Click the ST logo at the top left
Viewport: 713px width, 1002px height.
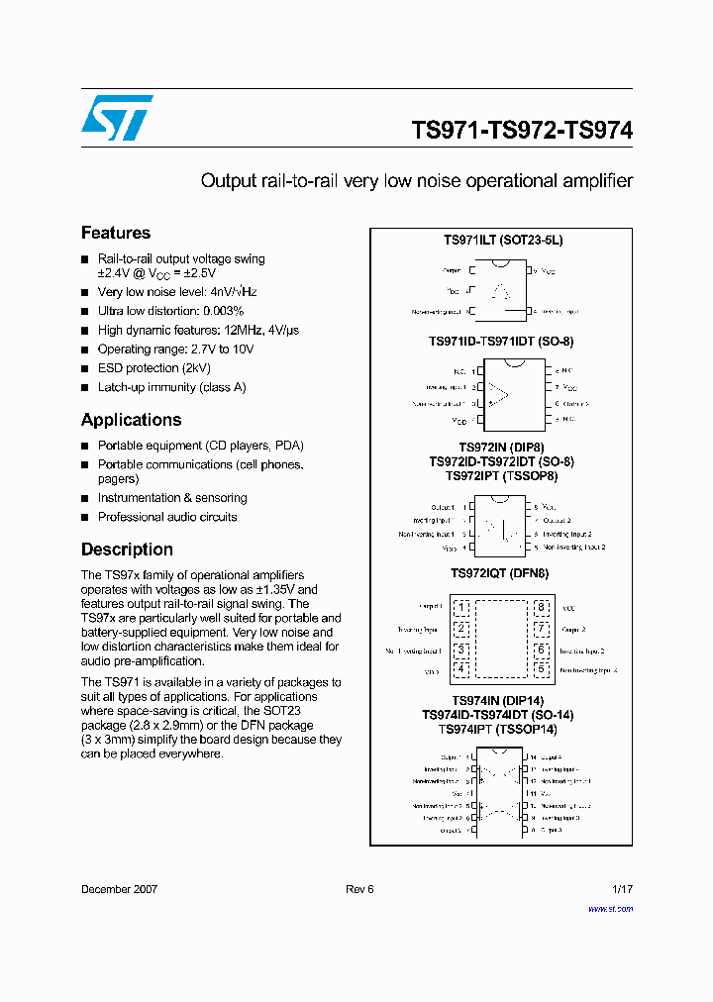117,118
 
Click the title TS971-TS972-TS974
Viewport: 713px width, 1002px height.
522,130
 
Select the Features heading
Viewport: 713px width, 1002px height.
116,233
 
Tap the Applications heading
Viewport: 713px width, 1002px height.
131,420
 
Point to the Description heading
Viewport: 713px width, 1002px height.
127,550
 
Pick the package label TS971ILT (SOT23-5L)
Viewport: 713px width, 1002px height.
502,241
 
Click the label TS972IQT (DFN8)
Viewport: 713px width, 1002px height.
500,573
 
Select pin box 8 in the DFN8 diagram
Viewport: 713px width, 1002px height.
541,607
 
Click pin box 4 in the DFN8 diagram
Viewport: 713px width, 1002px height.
460,669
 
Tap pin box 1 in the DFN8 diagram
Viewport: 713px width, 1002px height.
460,607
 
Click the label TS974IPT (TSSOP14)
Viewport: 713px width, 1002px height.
498,729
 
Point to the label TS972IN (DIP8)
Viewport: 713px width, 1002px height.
501,448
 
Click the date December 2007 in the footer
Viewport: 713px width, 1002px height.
119,889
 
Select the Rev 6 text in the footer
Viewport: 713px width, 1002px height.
359,889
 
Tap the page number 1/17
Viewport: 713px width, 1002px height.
622,889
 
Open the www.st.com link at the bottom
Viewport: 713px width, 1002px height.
610,908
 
